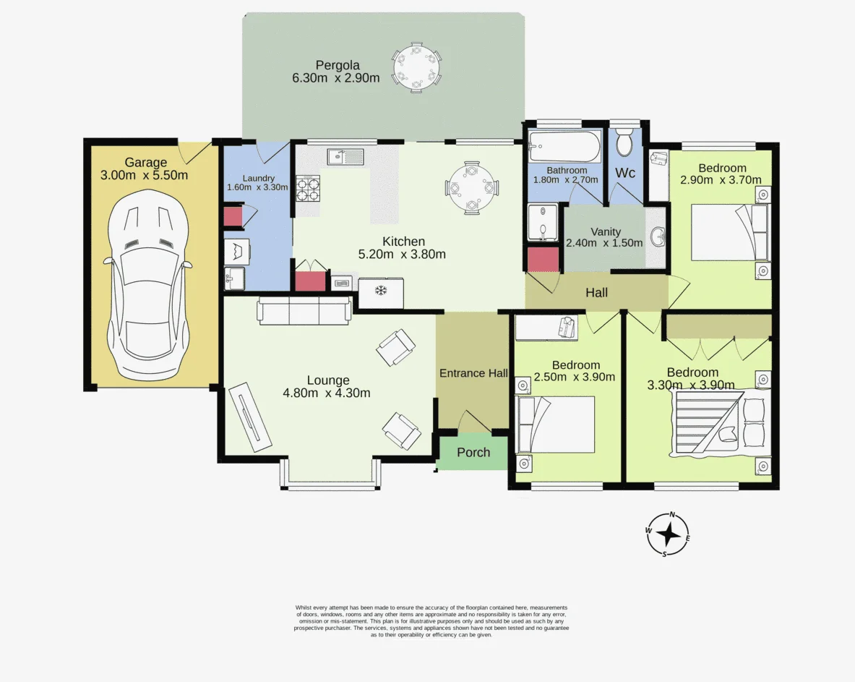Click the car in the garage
click(x=147, y=284)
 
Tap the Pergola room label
click(x=338, y=66)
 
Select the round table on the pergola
click(x=416, y=68)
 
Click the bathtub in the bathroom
click(x=565, y=145)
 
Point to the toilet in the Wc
click(x=624, y=142)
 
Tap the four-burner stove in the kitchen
click(x=308, y=188)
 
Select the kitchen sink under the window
click(x=345, y=157)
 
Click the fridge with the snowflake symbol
click(x=381, y=293)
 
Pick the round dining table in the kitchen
click(x=471, y=188)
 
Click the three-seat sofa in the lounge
click(x=304, y=311)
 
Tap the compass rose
click(x=667, y=534)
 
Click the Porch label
click(x=473, y=452)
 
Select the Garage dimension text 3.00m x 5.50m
click(x=145, y=175)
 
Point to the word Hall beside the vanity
click(x=596, y=292)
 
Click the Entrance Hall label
click(x=473, y=373)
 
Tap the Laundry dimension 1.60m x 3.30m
click(x=257, y=187)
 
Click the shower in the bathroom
click(x=543, y=223)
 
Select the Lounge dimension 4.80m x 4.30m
click(x=327, y=393)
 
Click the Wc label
click(x=625, y=173)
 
